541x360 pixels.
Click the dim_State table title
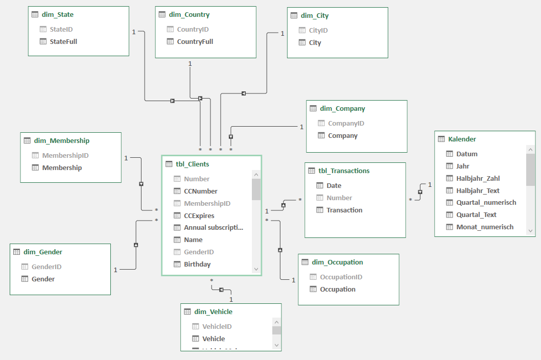(x=57, y=15)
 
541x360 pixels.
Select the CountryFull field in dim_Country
(x=195, y=42)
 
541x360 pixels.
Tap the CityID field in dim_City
(x=318, y=31)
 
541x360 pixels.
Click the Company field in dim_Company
(x=342, y=136)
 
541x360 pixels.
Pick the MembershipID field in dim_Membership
(x=65, y=156)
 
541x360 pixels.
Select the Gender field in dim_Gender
(x=43, y=279)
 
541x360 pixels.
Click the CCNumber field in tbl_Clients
(x=200, y=191)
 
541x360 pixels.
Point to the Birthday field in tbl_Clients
(x=197, y=265)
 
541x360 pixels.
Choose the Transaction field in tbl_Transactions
(x=344, y=210)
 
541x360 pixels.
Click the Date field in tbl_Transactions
(x=334, y=186)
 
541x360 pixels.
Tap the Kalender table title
(x=462, y=139)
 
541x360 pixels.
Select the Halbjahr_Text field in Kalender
(x=478, y=190)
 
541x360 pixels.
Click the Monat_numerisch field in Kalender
(x=484, y=227)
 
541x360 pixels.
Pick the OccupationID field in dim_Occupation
(x=341, y=277)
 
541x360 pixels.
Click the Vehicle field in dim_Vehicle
(x=214, y=339)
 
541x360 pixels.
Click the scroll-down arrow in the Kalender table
(x=530, y=231)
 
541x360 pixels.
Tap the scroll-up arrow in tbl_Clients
(x=256, y=175)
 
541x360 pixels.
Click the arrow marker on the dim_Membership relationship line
(x=141, y=184)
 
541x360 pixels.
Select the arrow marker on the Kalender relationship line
(x=420, y=192)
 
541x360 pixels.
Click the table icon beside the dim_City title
(x=294, y=16)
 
